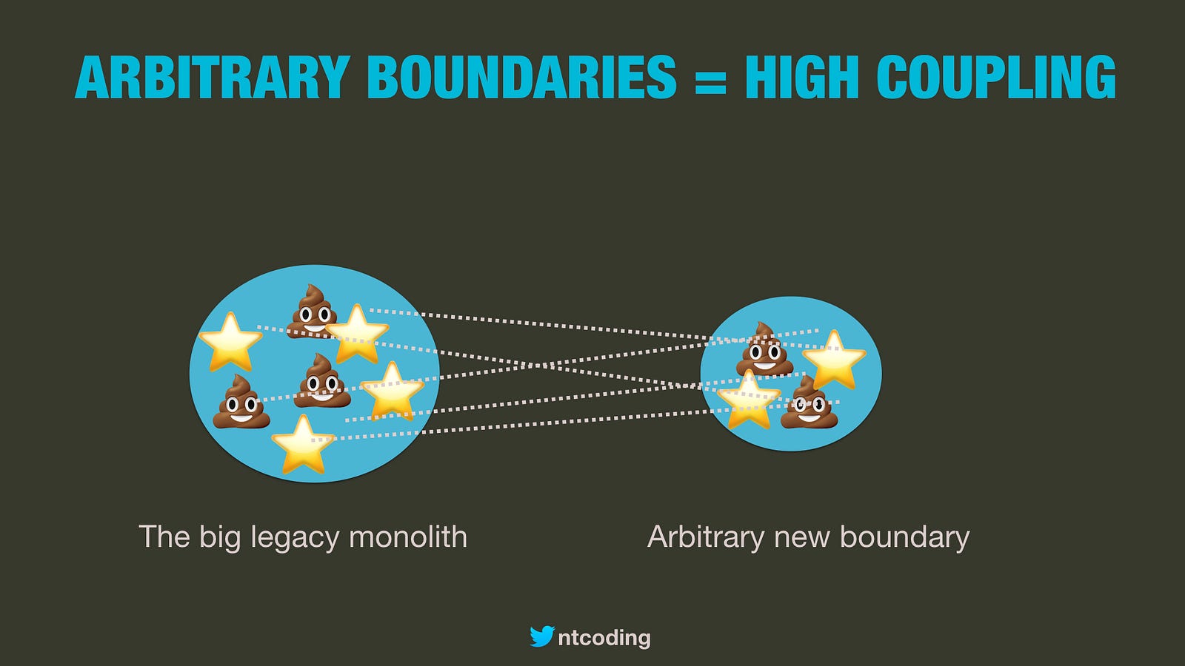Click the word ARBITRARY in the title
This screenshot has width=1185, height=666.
pyautogui.click(x=213, y=77)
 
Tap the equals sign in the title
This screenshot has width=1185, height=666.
pyautogui.click(x=710, y=78)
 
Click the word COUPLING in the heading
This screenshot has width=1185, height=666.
pyautogui.click(x=996, y=77)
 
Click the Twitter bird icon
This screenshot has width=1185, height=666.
pyautogui.click(x=542, y=636)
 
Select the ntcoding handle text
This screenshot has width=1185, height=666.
pyautogui.click(x=604, y=638)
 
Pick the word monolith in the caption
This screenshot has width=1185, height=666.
pyautogui.click(x=408, y=536)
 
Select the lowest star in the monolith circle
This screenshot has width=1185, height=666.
pyautogui.click(x=303, y=445)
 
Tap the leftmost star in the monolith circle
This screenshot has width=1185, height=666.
pyautogui.click(x=230, y=342)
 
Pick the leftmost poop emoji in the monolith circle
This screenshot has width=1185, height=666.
pyautogui.click(x=241, y=403)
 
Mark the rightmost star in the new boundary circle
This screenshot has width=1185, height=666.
pyautogui.click(x=834, y=360)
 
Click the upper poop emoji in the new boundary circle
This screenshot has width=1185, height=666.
pyautogui.click(x=764, y=349)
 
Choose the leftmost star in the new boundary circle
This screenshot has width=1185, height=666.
pyautogui.click(x=749, y=400)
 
